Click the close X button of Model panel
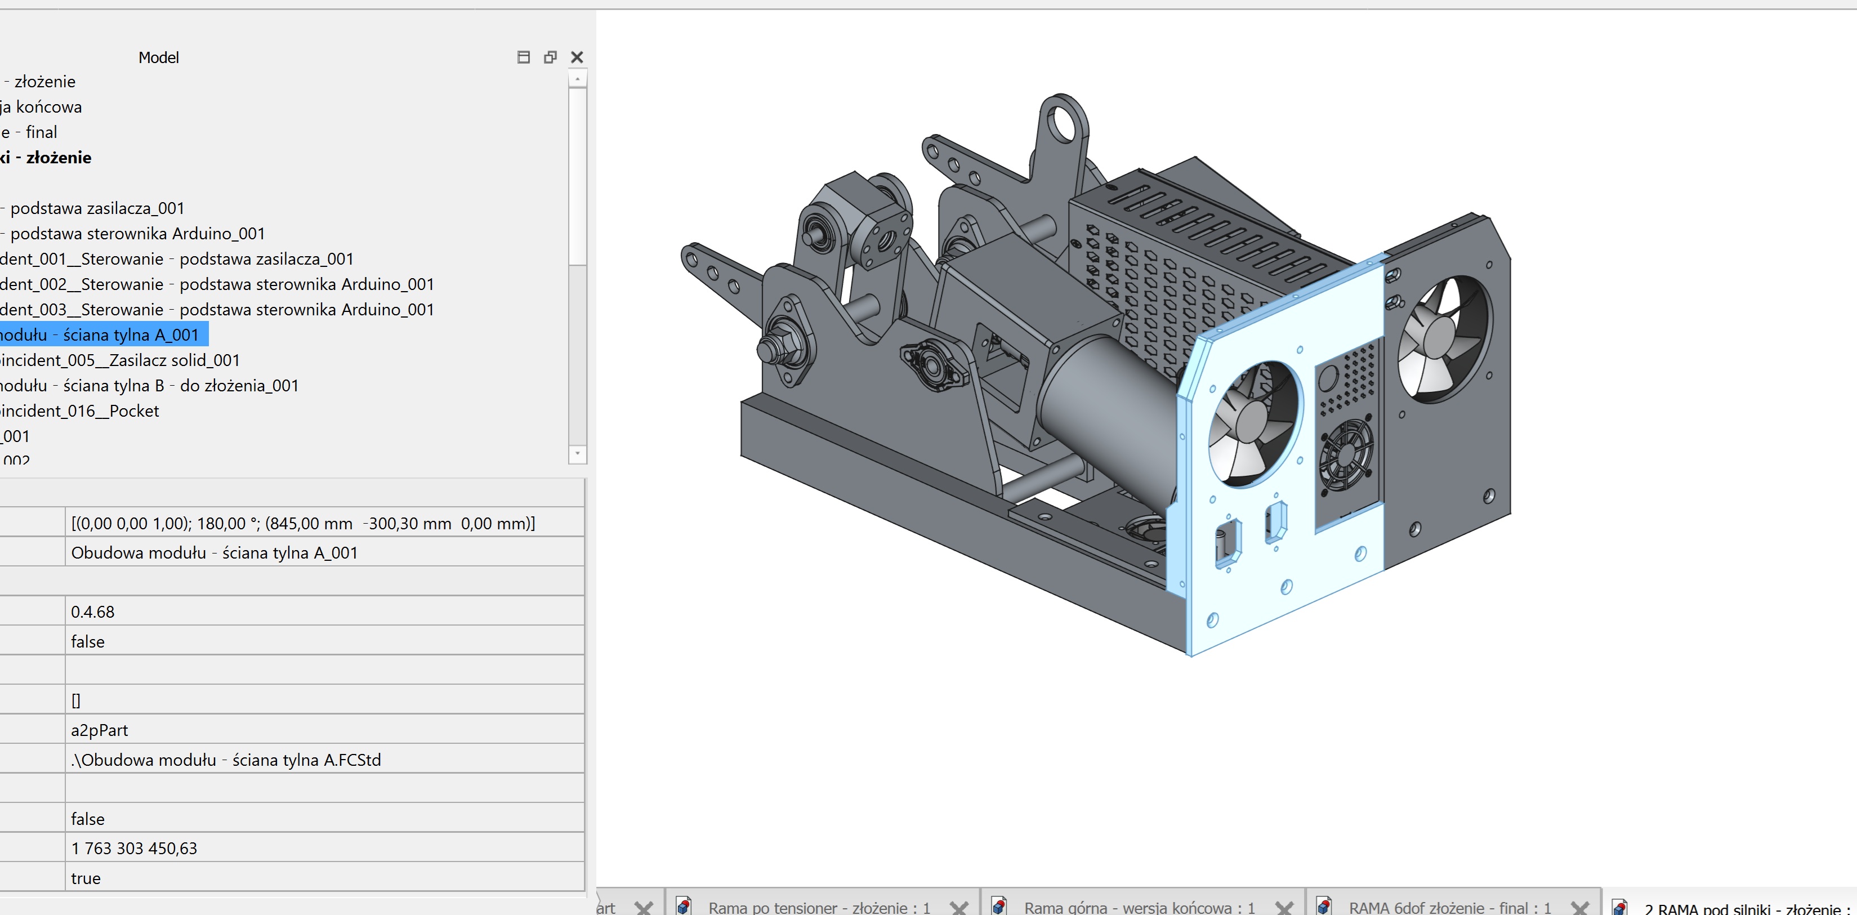[577, 57]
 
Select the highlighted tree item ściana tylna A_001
[101, 334]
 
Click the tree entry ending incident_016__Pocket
[79, 410]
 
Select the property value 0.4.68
[92, 612]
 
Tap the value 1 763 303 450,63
[133, 848]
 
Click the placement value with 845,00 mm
[303, 524]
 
